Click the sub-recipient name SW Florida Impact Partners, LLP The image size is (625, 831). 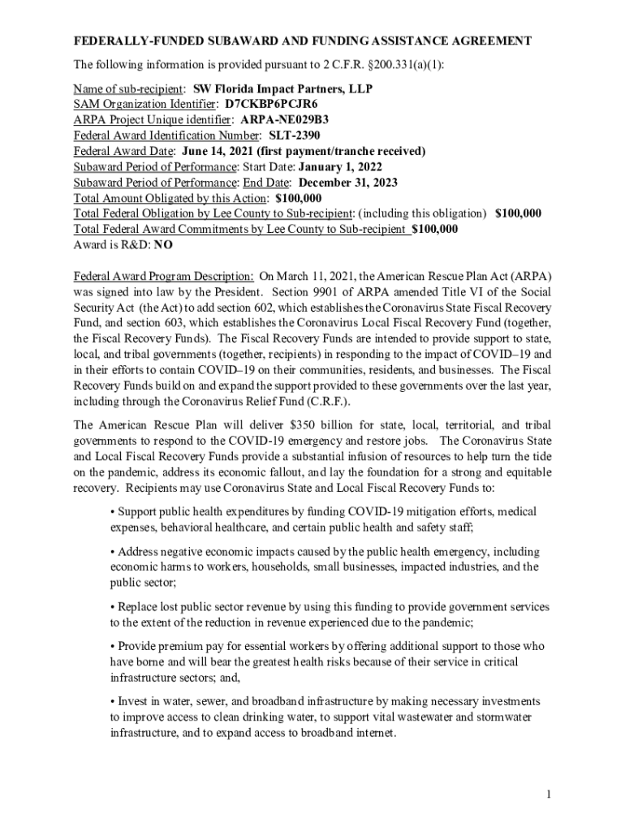[x=282, y=89]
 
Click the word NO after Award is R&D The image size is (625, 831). [x=163, y=244]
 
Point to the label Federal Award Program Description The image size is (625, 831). [x=163, y=275]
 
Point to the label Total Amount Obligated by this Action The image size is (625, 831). [x=170, y=198]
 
